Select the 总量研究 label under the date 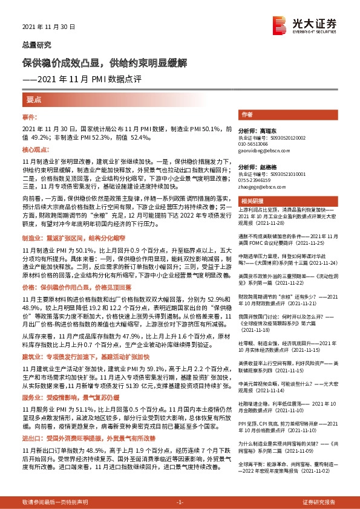(x=37, y=44)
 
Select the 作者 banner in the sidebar (x=247, y=114)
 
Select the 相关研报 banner (x=250, y=200)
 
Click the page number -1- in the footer (x=179, y=502)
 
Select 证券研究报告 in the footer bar (x=319, y=502)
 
